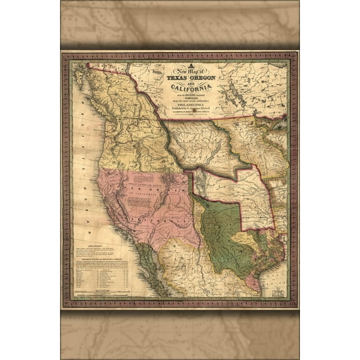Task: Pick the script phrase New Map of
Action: [x=186, y=73]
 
